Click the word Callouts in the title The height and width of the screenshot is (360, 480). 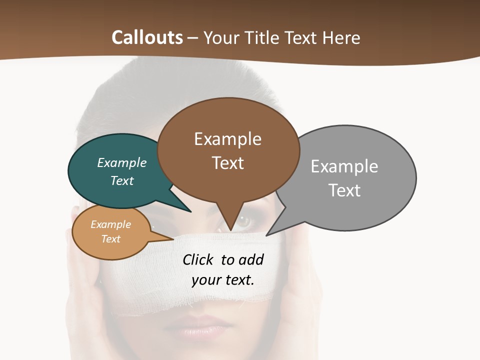pos(147,37)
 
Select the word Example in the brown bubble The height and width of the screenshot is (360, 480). pos(227,139)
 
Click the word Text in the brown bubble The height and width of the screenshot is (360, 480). pos(227,163)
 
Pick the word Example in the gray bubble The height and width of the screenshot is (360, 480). pos(344,166)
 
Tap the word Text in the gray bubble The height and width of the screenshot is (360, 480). pos(344,190)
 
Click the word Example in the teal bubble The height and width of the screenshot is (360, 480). pos(122,163)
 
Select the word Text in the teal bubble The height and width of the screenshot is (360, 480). pos(122,180)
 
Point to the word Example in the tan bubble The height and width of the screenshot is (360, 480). pos(110,225)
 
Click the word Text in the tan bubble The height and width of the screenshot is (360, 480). pos(110,239)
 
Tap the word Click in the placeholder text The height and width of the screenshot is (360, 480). pos(199,260)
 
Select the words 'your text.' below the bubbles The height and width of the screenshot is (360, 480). pos(223,280)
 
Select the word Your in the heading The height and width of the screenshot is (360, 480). pos(220,38)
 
